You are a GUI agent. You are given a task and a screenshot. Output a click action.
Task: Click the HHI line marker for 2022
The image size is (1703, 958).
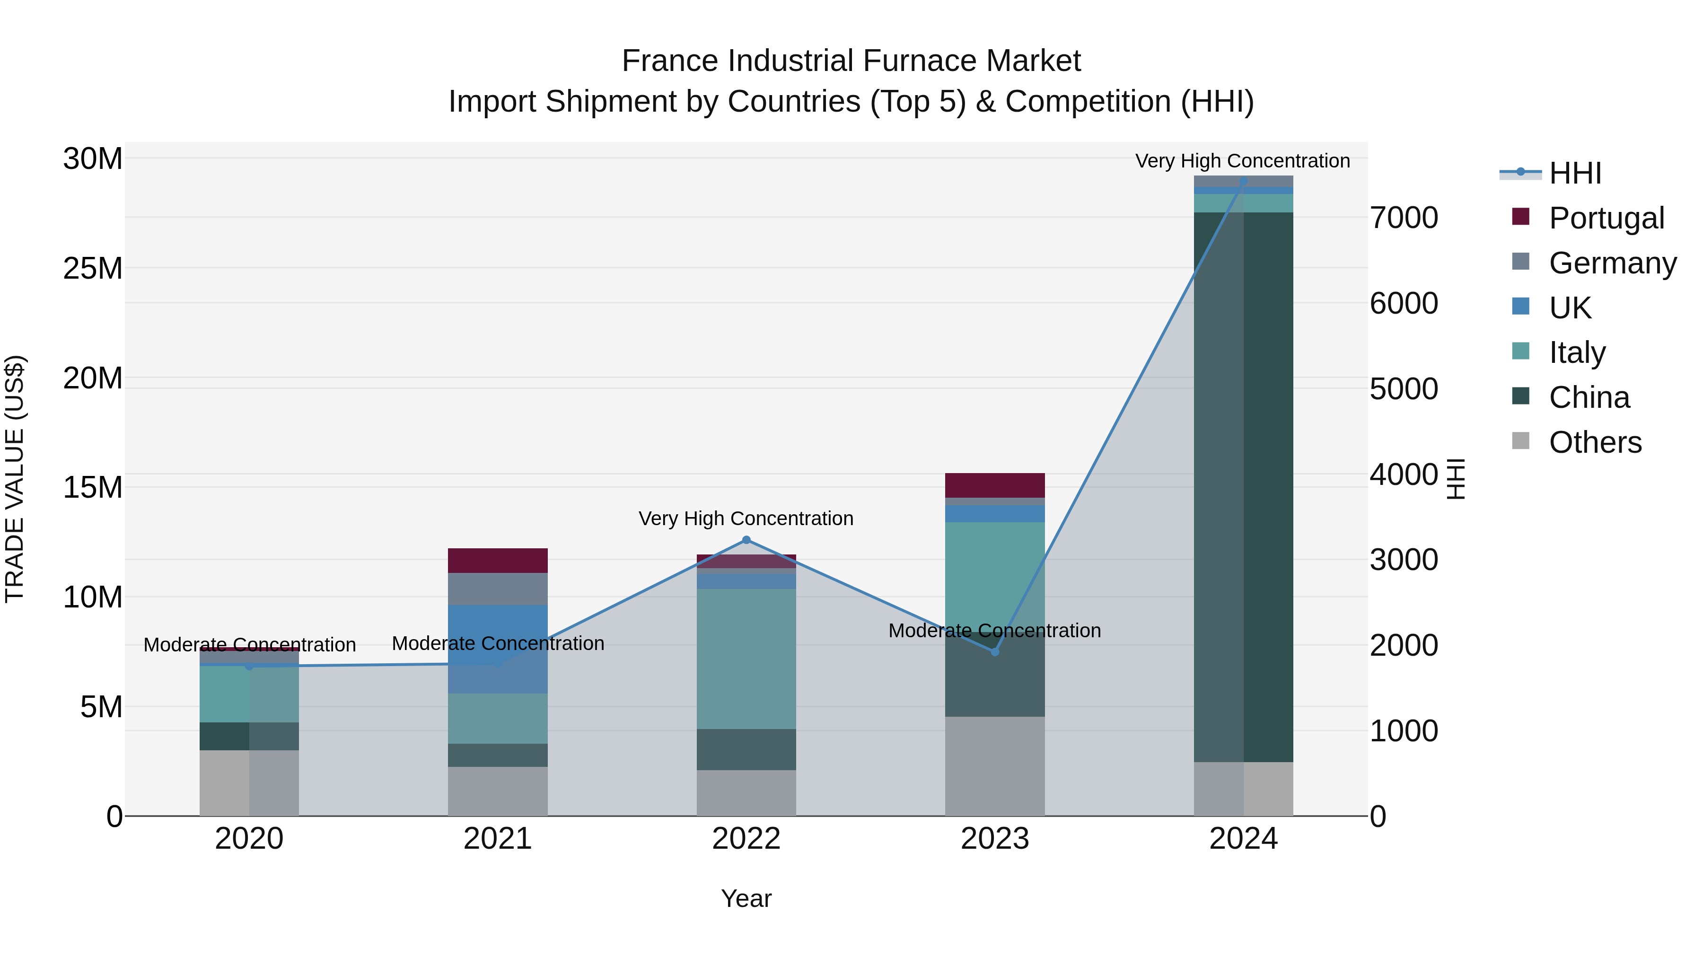pyautogui.click(x=746, y=540)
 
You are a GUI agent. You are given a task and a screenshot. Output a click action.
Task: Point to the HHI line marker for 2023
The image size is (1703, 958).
pyautogui.click(x=995, y=652)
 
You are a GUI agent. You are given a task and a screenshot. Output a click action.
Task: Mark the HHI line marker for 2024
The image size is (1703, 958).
pyautogui.click(x=1244, y=181)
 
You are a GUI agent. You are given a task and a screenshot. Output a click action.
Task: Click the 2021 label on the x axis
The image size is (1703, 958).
pyautogui.click(x=498, y=839)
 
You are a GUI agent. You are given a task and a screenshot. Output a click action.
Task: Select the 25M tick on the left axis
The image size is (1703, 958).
pyautogui.click(x=93, y=268)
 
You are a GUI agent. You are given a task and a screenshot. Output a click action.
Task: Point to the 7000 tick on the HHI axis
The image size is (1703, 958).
pyautogui.click(x=1404, y=218)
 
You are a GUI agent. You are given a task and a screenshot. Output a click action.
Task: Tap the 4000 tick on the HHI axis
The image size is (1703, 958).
pyautogui.click(x=1404, y=475)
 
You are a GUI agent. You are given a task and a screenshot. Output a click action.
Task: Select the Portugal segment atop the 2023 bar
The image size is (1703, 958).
pyautogui.click(x=995, y=485)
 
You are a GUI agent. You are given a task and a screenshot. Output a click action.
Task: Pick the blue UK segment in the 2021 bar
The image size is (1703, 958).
pyautogui.click(x=498, y=649)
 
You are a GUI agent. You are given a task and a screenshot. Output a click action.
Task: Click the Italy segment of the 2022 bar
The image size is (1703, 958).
pyautogui.click(x=746, y=659)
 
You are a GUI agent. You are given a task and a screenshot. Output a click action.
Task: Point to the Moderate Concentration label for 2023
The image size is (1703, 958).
pyautogui.click(x=994, y=631)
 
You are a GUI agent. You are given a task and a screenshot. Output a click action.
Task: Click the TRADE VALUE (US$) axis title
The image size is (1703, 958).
pyautogui.click(x=15, y=479)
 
